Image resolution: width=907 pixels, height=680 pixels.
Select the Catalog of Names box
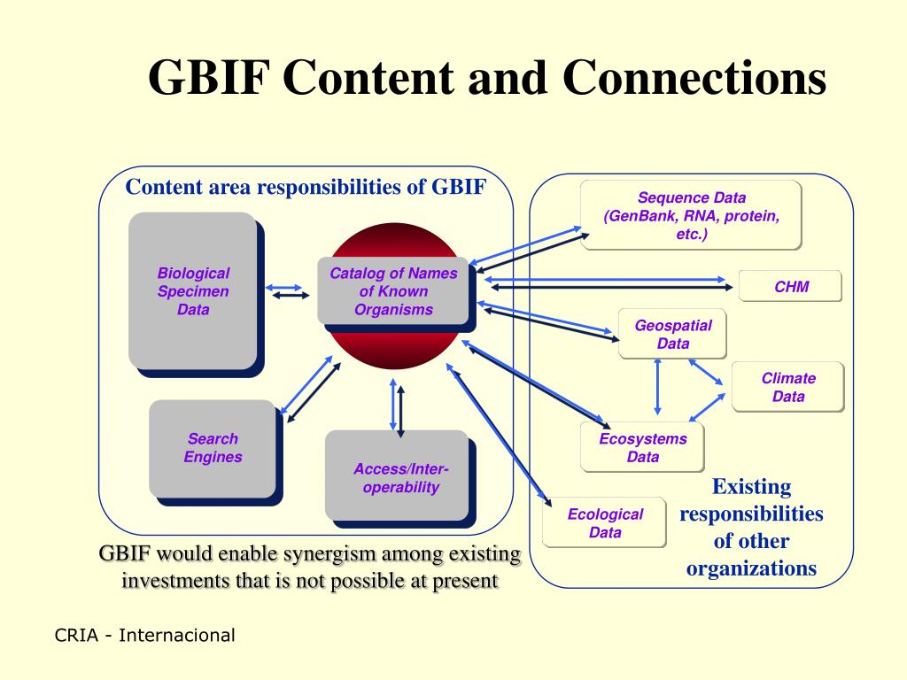(x=393, y=290)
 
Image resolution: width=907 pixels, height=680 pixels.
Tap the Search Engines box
(x=213, y=448)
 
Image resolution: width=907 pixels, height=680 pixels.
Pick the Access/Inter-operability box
(x=399, y=478)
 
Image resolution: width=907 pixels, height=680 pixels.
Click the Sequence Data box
(x=691, y=216)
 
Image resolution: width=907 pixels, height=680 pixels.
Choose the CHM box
(x=790, y=286)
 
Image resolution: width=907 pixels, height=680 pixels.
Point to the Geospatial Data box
(x=672, y=334)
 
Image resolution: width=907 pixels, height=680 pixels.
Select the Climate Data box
(x=787, y=387)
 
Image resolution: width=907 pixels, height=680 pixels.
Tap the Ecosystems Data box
(x=642, y=447)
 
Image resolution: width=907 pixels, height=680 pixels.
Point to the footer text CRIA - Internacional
(x=145, y=635)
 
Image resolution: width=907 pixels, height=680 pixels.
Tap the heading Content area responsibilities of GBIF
(x=306, y=188)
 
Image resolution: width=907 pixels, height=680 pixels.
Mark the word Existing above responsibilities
(x=751, y=486)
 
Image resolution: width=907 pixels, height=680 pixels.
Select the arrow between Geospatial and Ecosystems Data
(x=657, y=387)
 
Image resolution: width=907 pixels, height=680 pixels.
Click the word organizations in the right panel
(x=751, y=568)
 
